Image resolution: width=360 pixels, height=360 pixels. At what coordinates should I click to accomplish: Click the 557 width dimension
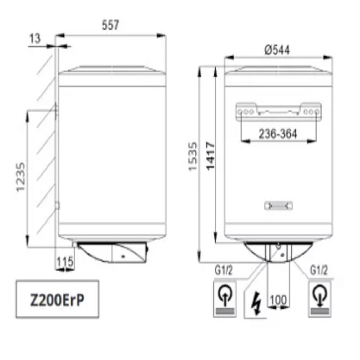coord(110,25)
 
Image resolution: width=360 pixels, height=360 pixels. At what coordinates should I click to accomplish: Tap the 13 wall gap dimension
coord(35,39)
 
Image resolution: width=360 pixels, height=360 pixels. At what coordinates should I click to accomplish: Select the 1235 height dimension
coord(20,177)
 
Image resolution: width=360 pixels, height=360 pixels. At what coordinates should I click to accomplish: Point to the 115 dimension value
coord(65,261)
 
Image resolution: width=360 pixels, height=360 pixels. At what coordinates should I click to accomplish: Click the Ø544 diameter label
coord(277,50)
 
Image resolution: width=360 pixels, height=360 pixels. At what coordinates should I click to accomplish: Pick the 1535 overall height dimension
coord(193,156)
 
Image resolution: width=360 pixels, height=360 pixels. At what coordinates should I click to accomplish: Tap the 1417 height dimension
coord(210,156)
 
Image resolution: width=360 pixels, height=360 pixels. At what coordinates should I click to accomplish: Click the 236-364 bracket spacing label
coord(278,134)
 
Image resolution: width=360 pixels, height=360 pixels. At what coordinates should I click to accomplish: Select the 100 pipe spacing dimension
coord(278,300)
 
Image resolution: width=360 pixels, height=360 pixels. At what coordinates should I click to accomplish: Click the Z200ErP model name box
coord(57,299)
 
